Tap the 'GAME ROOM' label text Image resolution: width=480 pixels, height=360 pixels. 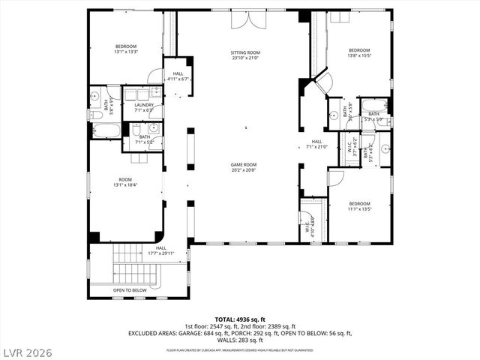[244, 164]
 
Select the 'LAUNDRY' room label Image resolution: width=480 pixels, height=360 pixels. [144, 105]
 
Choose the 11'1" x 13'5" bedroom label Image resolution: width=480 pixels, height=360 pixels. [359, 206]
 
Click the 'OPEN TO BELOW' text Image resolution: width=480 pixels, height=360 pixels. [130, 289]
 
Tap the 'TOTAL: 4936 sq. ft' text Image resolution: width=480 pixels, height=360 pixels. [239, 319]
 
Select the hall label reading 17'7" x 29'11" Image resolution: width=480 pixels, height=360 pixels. [160, 251]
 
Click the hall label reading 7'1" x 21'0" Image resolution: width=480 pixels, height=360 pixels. [317, 144]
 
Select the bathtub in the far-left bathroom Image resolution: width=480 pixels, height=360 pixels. [105, 130]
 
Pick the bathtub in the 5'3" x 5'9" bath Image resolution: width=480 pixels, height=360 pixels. [373, 105]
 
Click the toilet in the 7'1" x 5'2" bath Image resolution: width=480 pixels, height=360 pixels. [136, 130]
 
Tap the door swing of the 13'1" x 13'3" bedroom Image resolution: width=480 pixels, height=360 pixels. [155, 76]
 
